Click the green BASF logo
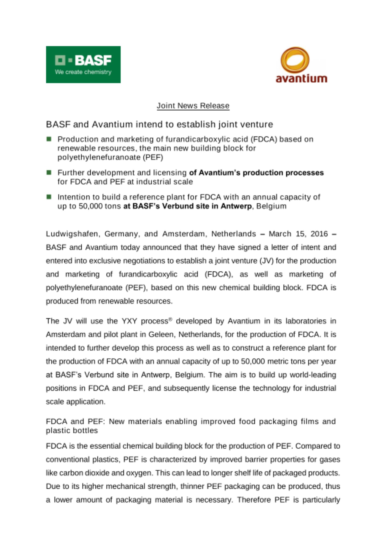pyautogui.click(x=83, y=64)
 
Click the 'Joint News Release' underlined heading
pyautogui.click(x=193, y=106)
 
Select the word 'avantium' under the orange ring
pyautogui.click(x=301, y=79)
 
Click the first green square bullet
pyautogui.click(x=49, y=139)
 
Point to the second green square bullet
pyautogui.click(x=49, y=173)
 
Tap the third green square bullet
pyautogui.click(x=49, y=197)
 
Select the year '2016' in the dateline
pyautogui.click(x=319, y=234)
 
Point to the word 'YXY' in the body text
pyautogui.click(x=129, y=321)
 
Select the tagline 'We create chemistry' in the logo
pyautogui.click(x=83, y=72)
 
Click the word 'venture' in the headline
pyautogui.click(x=259, y=124)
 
